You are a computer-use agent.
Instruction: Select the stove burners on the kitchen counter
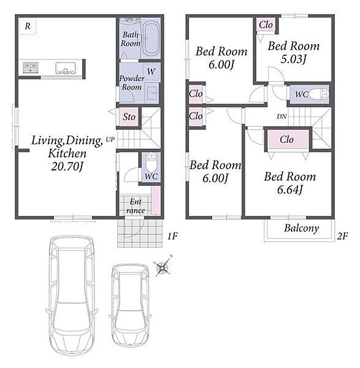click(x=31, y=67)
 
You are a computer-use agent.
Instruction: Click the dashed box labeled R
click(x=28, y=26)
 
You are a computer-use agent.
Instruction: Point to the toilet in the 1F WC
click(x=151, y=162)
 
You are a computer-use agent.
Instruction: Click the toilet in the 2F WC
click(x=319, y=94)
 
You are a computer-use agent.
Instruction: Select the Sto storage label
click(x=129, y=117)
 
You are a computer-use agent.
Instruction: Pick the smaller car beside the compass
click(x=130, y=305)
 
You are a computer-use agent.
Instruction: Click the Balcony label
click(x=301, y=228)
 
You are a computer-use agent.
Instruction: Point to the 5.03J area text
click(x=293, y=59)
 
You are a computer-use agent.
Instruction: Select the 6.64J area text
click(x=290, y=190)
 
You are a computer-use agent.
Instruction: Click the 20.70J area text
click(x=67, y=167)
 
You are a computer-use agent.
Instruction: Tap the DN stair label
click(x=281, y=116)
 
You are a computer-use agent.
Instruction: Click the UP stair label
click(x=110, y=139)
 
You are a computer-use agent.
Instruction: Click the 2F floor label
click(x=342, y=236)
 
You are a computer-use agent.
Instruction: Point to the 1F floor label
click(x=172, y=236)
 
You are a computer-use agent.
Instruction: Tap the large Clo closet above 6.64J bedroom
click(x=286, y=139)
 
